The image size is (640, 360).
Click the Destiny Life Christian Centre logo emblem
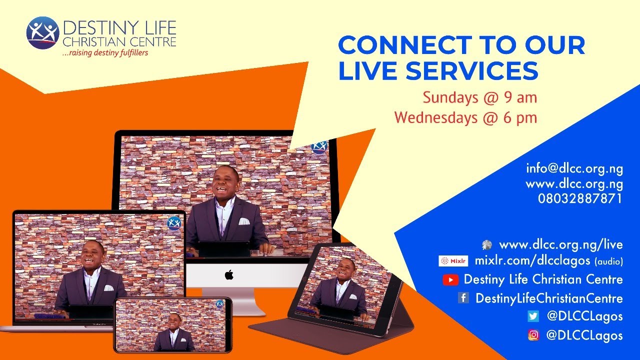click(42, 33)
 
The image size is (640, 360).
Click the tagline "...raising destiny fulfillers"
click(104, 52)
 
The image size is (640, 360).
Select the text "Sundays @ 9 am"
click(479, 97)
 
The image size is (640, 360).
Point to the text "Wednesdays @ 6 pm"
click(465, 118)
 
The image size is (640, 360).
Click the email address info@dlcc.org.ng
click(574, 168)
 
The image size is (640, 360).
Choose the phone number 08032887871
click(580, 198)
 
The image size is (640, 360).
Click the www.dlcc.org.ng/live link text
click(560, 244)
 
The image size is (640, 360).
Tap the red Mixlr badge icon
click(453, 261)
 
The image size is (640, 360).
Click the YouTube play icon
click(450, 280)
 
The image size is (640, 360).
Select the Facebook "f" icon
click(463, 298)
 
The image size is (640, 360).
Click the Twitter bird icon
click(533, 316)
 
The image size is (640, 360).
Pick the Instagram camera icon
click(533, 335)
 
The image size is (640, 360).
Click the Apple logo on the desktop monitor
click(229, 274)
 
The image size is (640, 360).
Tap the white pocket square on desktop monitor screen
click(243, 221)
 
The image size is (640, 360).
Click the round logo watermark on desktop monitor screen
click(319, 146)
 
